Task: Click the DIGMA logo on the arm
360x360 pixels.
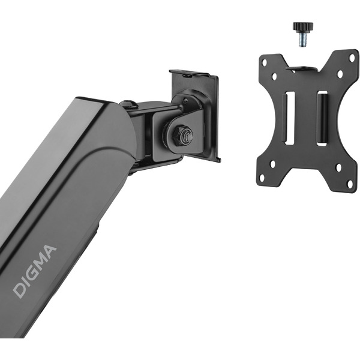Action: (x=34, y=272)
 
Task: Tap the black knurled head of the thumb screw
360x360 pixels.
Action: (x=303, y=28)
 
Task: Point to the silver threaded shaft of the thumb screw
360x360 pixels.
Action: (x=303, y=40)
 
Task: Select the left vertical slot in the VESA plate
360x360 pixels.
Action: (x=290, y=118)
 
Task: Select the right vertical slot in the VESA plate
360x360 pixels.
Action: (x=322, y=118)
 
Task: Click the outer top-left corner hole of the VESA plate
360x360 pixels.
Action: (x=265, y=62)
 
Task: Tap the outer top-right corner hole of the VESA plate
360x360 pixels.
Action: (x=352, y=58)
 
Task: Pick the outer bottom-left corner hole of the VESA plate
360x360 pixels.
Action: (x=262, y=178)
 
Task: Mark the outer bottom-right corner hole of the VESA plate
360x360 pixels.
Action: (x=350, y=184)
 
